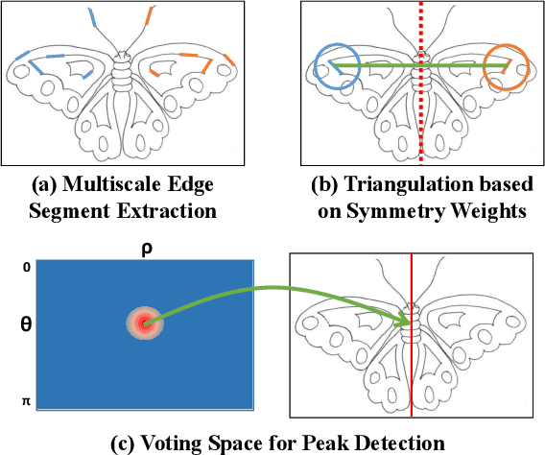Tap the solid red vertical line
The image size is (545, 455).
413,384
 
